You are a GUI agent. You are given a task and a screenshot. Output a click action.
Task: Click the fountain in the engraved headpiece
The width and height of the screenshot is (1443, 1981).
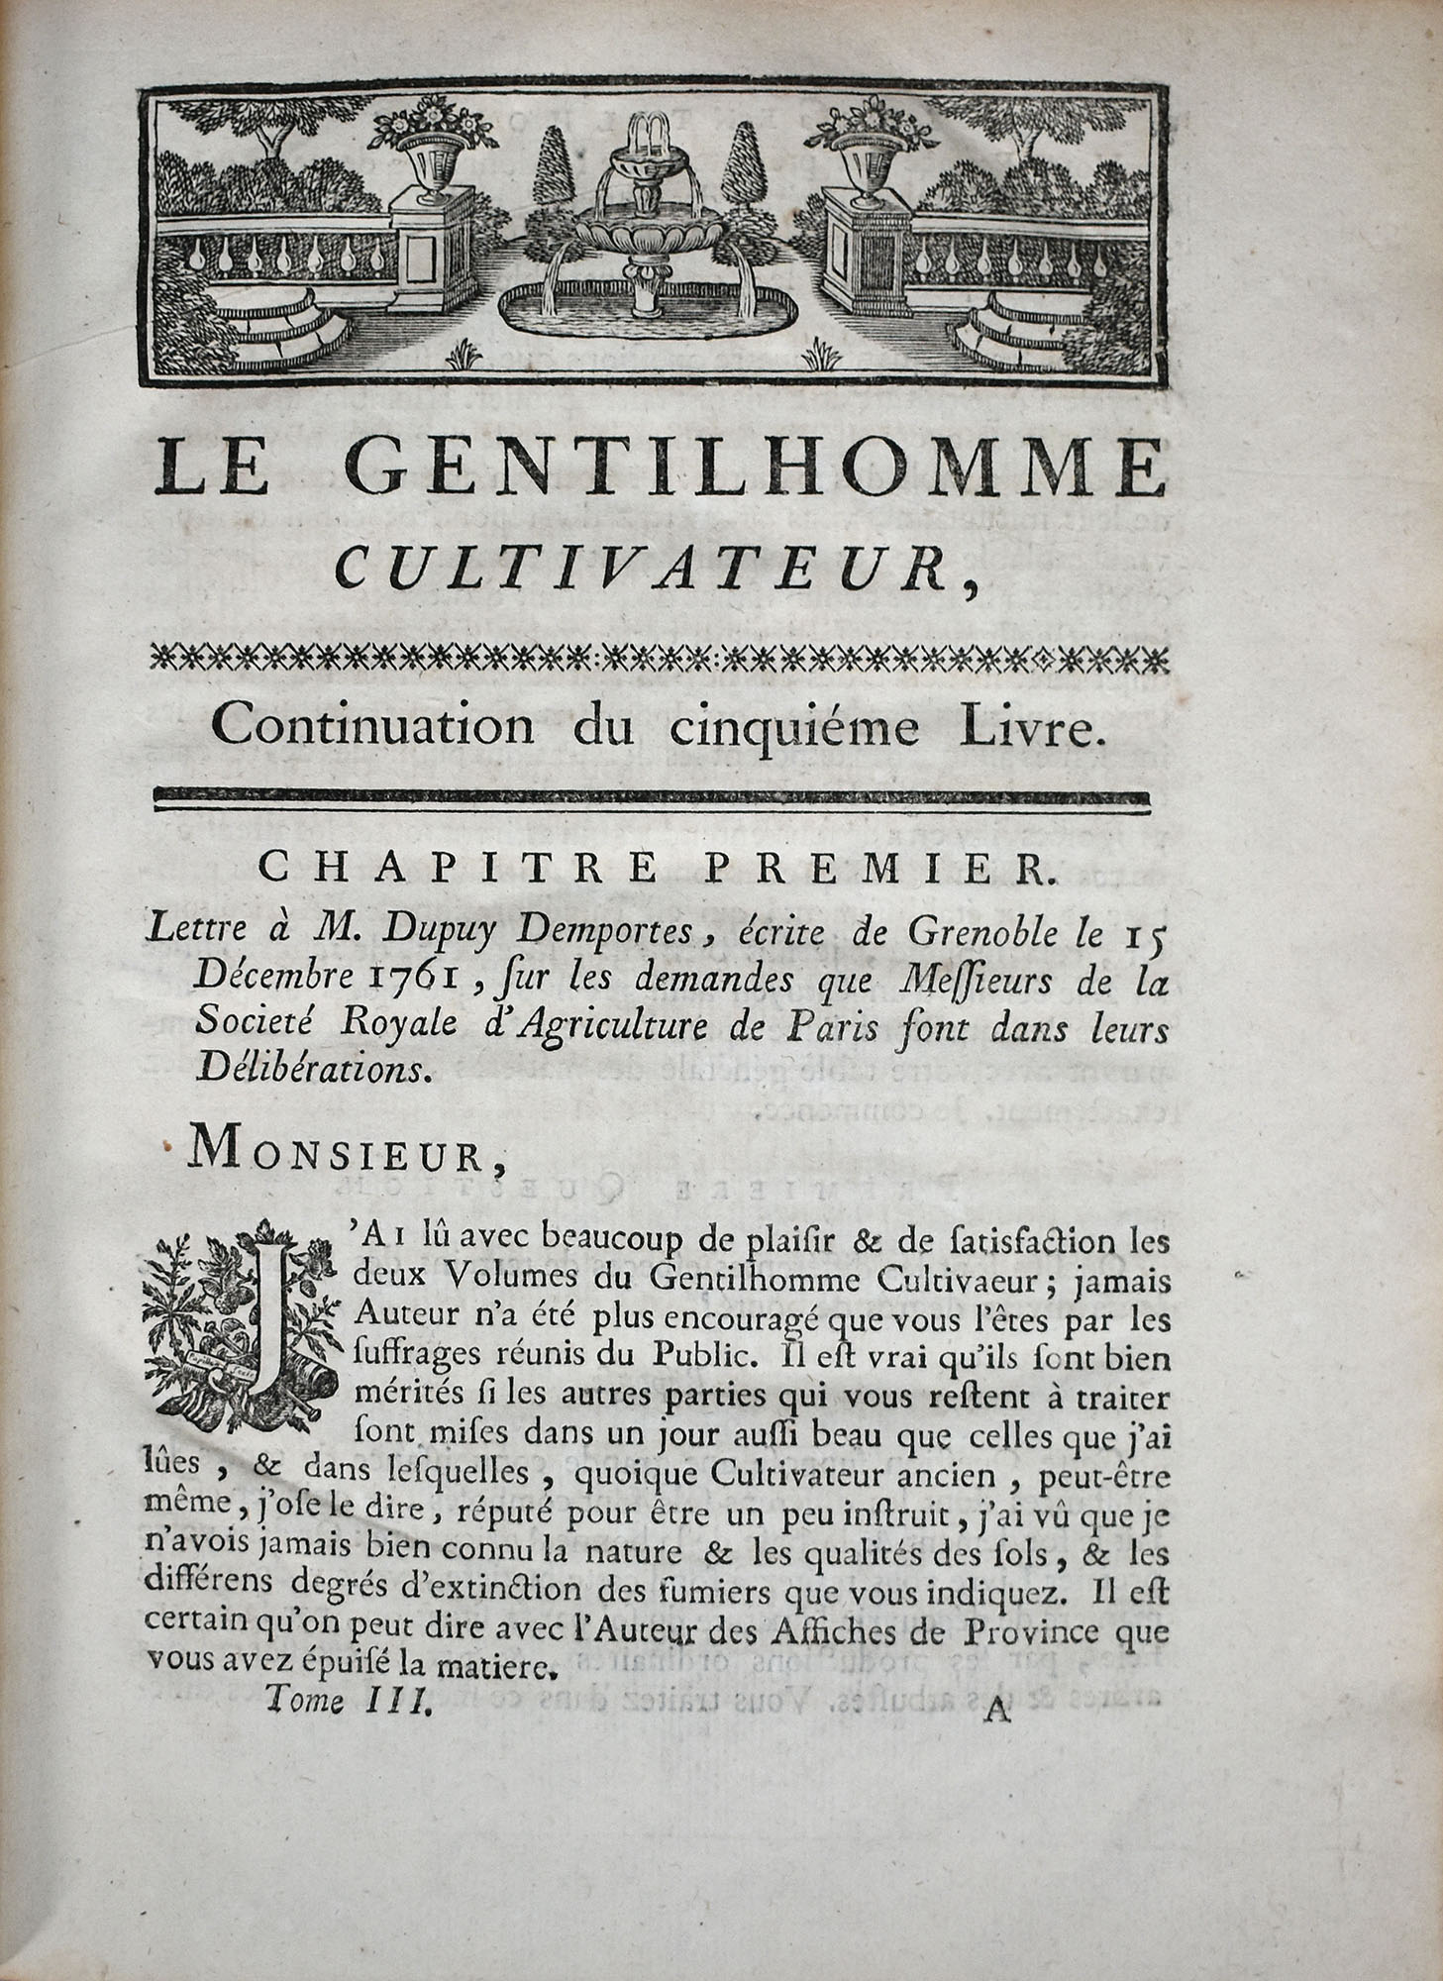(x=645, y=228)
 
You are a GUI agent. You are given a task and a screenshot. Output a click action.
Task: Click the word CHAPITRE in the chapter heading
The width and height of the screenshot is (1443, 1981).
(x=458, y=869)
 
